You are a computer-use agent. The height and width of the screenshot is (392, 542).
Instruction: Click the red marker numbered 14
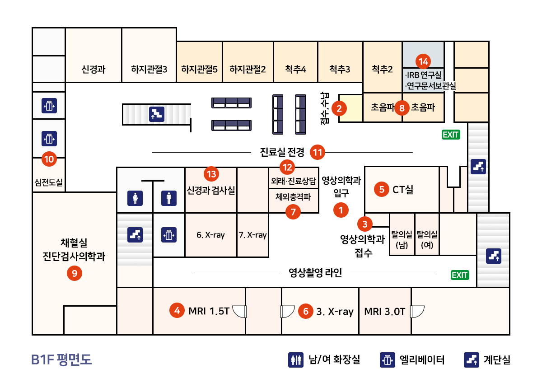pyautogui.click(x=423, y=61)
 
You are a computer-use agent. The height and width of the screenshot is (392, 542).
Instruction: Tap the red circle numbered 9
pyautogui.click(x=75, y=273)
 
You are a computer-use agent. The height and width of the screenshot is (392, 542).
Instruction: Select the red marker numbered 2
pyautogui.click(x=339, y=109)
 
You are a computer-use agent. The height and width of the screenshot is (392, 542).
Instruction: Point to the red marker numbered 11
pyautogui.click(x=318, y=152)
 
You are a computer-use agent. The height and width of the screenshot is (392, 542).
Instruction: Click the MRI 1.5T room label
pyautogui.click(x=209, y=311)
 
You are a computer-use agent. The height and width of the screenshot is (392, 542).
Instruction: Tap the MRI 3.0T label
pyautogui.click(x=384, y=312)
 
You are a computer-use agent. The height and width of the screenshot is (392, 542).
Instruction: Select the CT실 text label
pyautogui.click(x=403, y=190)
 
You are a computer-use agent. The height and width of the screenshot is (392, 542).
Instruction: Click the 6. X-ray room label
pyautogui.click(x=210, y=235)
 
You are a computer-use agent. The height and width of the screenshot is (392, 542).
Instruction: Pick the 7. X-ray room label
pyautogui.click(x=252, y=235)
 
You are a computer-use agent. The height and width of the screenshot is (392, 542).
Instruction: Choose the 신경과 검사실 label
pyautogui.click(x=211, y=190)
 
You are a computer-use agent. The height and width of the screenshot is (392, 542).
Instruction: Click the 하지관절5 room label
pyautogui.click(x=199, y=69)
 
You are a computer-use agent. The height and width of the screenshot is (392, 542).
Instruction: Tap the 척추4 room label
pyautogui.click(x=295, y=69)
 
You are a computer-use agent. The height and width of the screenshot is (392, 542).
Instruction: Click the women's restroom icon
pyautogui.click(x=135, y=198)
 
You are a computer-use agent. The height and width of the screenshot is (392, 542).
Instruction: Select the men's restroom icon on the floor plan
pyautogui.click(x=169, y=198)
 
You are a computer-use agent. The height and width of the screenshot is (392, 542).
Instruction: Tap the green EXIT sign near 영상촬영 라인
pyautogui.click(x=460, y=275)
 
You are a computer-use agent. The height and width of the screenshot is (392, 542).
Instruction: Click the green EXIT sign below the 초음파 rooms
pyautogui.click(x=451, y=135)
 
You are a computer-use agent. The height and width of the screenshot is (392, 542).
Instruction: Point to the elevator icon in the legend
pyautogui.click(x=388, y=360)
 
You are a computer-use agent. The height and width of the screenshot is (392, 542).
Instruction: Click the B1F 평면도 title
pyautogui.click(x=61, y=359)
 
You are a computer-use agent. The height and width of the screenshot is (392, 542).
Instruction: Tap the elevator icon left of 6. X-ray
pyautogui.click(x=169, y=235)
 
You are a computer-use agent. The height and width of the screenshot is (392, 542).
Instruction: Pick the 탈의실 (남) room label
pyautogui.click(x=402, y=239)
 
